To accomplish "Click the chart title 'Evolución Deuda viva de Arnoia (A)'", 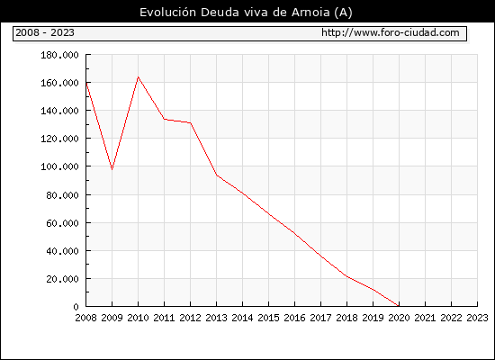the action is coord(246,13).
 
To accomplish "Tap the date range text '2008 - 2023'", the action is coord(45,32).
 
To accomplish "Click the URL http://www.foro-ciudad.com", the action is coord(391,32).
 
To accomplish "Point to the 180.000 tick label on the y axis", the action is coord(59,55).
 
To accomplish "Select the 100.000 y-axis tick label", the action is coord(59,166).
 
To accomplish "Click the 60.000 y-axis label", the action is coord(62,223).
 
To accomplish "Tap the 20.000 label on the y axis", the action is coord(62,279).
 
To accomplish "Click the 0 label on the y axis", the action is coord(76,307).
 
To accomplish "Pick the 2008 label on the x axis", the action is coord(85,318).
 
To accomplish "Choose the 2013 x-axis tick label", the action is coord(216,318).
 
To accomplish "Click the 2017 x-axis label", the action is coord(320,318).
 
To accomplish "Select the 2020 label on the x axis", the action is coord(399,318).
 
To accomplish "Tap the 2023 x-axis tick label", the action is coord(477,318).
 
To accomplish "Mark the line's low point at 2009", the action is coord(112,169).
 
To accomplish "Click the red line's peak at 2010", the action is coord(138,76).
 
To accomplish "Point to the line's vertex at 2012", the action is coord(191,122).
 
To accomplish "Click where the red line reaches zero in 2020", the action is coord(399,306).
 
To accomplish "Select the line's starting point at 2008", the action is coord(86,83).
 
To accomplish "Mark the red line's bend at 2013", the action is coord(217,175).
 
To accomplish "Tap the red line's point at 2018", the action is coord(346,276).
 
